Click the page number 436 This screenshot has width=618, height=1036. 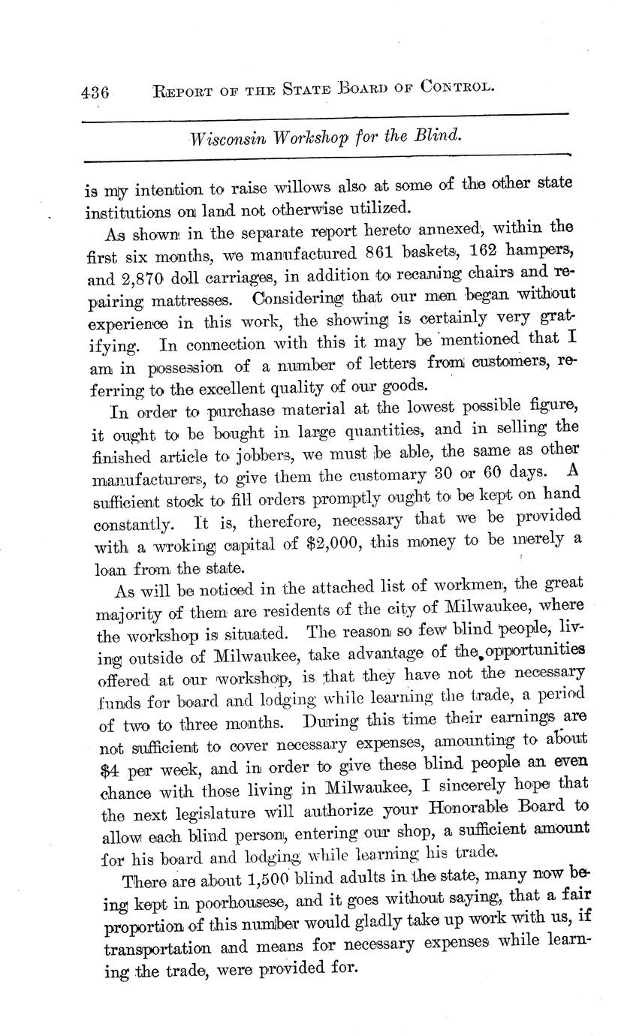(x=95, y=92)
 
